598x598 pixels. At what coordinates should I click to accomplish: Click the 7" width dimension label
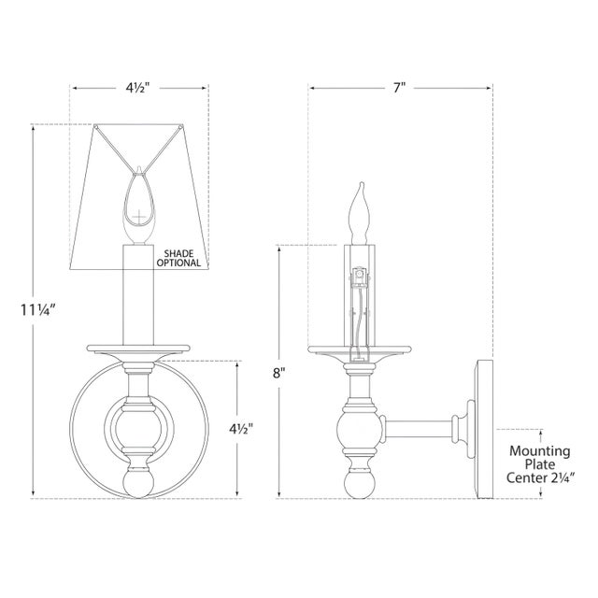point(400,89)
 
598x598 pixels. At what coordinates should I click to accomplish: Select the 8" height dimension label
point(278,371)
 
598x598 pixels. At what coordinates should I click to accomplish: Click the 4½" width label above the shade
point(138,89)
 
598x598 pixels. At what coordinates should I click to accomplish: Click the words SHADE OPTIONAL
point(181,259)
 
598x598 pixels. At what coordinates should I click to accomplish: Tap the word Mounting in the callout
point(540,450)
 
